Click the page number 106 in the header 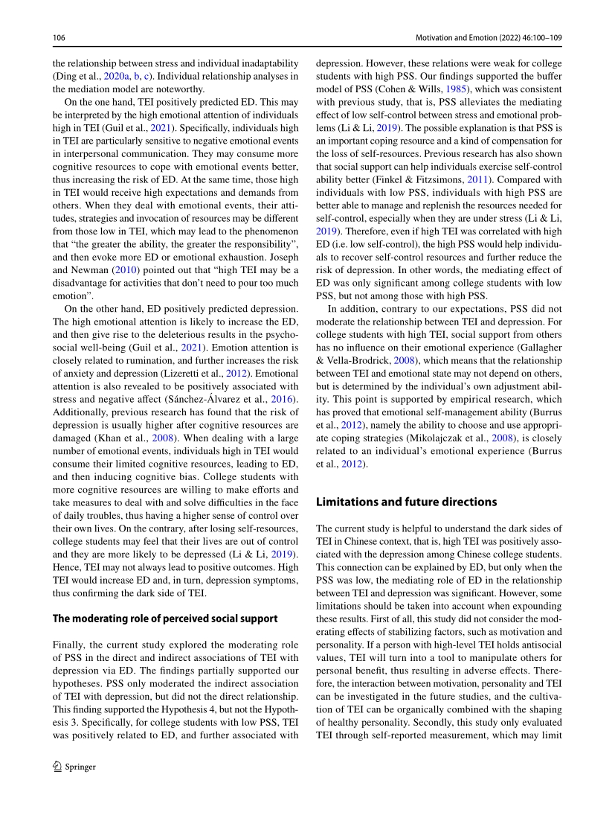click(x=59, y=36)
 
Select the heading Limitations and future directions click(x=406, y=502)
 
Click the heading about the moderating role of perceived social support click(x=165, y=618)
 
